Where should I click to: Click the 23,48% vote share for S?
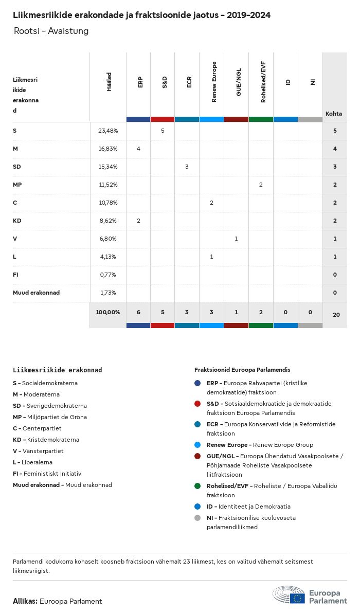point(108,131)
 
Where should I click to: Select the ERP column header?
point(140,82)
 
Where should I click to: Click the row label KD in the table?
point(16,221)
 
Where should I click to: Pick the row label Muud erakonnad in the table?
point(36,293)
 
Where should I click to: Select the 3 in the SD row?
point(187,167)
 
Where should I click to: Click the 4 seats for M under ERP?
point(138,149)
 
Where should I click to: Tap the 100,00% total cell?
point(108,312)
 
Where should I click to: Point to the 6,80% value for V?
point(108,239)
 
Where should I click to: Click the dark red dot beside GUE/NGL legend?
point(197,456)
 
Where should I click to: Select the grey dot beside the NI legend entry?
point(197,518)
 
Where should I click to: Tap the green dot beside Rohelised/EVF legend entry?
point(197,486)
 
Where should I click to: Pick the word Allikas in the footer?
point(25,601)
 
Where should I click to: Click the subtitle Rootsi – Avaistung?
point(51,31)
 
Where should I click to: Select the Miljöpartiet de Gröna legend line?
point(50,417)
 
